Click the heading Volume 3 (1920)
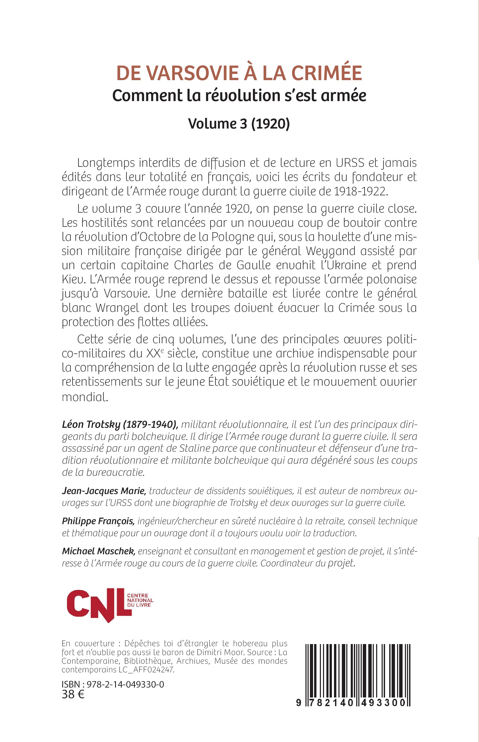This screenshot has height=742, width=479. coord(239,124)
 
